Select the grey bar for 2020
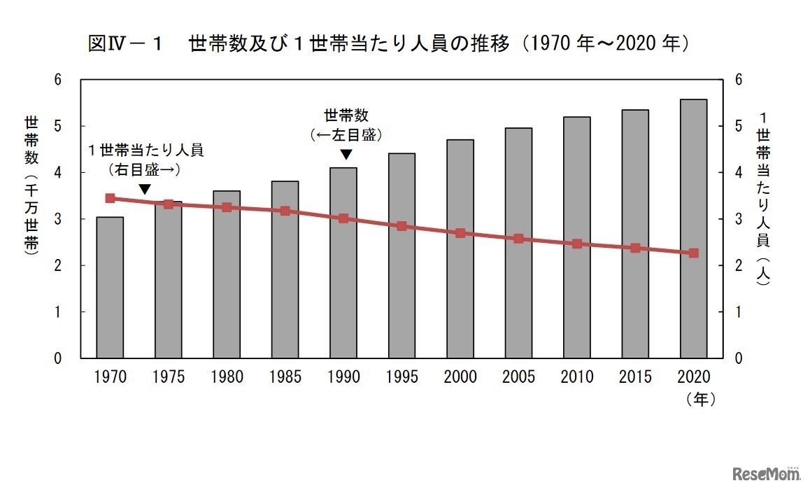pos(693,229)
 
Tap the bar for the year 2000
pos(460,248)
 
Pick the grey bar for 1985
pos(285,269)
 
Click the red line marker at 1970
pos(110,198)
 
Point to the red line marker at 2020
pos(693,253)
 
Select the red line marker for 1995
pos(402,226)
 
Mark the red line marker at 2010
pos(576,244)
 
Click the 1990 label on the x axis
pos(343,377)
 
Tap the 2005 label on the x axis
pos(518,377)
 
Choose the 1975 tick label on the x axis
pos(168,377)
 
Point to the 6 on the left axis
pos(58,80)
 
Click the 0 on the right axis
pos(737,358)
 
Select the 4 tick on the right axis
pos(737,173)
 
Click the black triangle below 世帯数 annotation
pos(346,154)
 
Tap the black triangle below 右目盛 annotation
pos(144,189)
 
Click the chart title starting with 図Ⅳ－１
pos(389,44)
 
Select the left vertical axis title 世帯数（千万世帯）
pos(31,185)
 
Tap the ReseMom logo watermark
pos(765,475)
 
